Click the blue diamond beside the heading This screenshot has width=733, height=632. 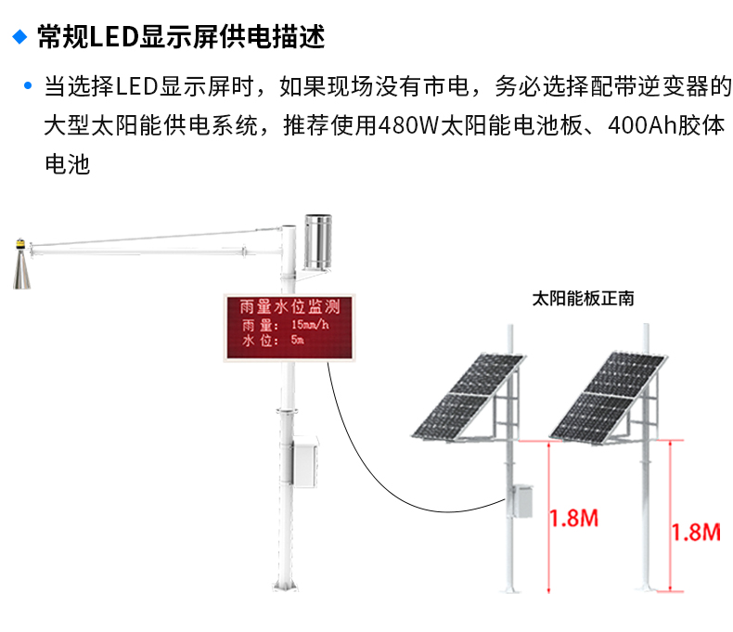tap(19, 37)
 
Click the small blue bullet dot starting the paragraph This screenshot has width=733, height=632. tap(29, 88)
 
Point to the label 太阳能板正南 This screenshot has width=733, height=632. tap(583, 300)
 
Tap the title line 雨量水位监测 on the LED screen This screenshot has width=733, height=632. tap(289, 306)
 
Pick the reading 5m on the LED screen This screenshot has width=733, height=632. tap(297, 341)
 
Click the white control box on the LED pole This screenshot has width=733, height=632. tap(305, 462)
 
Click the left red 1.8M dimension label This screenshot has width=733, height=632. tap(573, 518)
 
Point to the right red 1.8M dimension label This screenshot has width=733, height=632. tap(696, 532)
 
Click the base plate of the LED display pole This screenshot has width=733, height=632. tap(289, 588)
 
